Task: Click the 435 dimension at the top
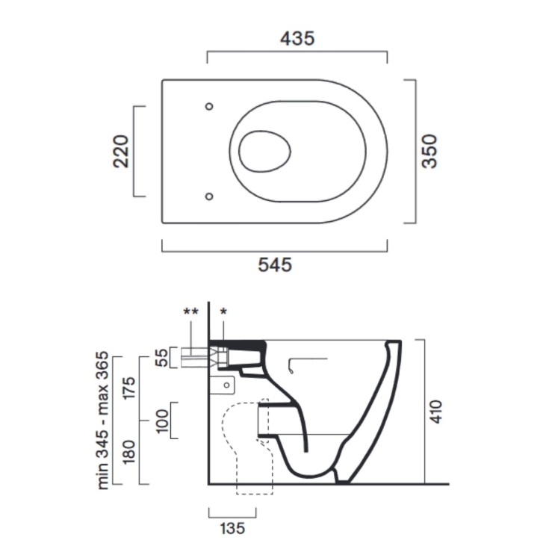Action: point(297,37)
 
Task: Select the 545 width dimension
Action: point(274,264)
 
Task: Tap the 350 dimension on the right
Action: point(429,151)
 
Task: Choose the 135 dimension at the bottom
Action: point(232,528)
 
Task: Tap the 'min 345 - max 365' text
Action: point(104,420)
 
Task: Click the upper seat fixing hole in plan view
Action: point(209,106)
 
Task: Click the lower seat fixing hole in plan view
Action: point(209,196)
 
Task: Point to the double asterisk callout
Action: point(190,310)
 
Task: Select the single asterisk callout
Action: point(223,310)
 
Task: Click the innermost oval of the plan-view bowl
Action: point(265,151)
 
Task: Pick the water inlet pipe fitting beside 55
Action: point(197,357)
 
